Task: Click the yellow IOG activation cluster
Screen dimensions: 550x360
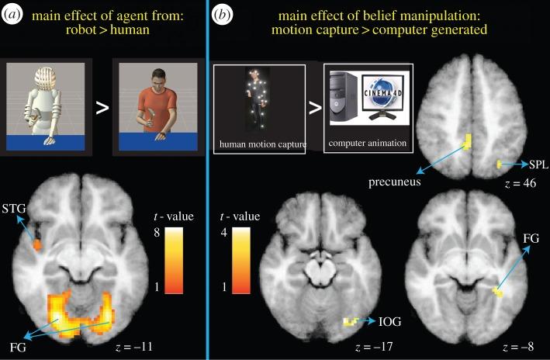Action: pyautogui.click(x=353, y=320)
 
